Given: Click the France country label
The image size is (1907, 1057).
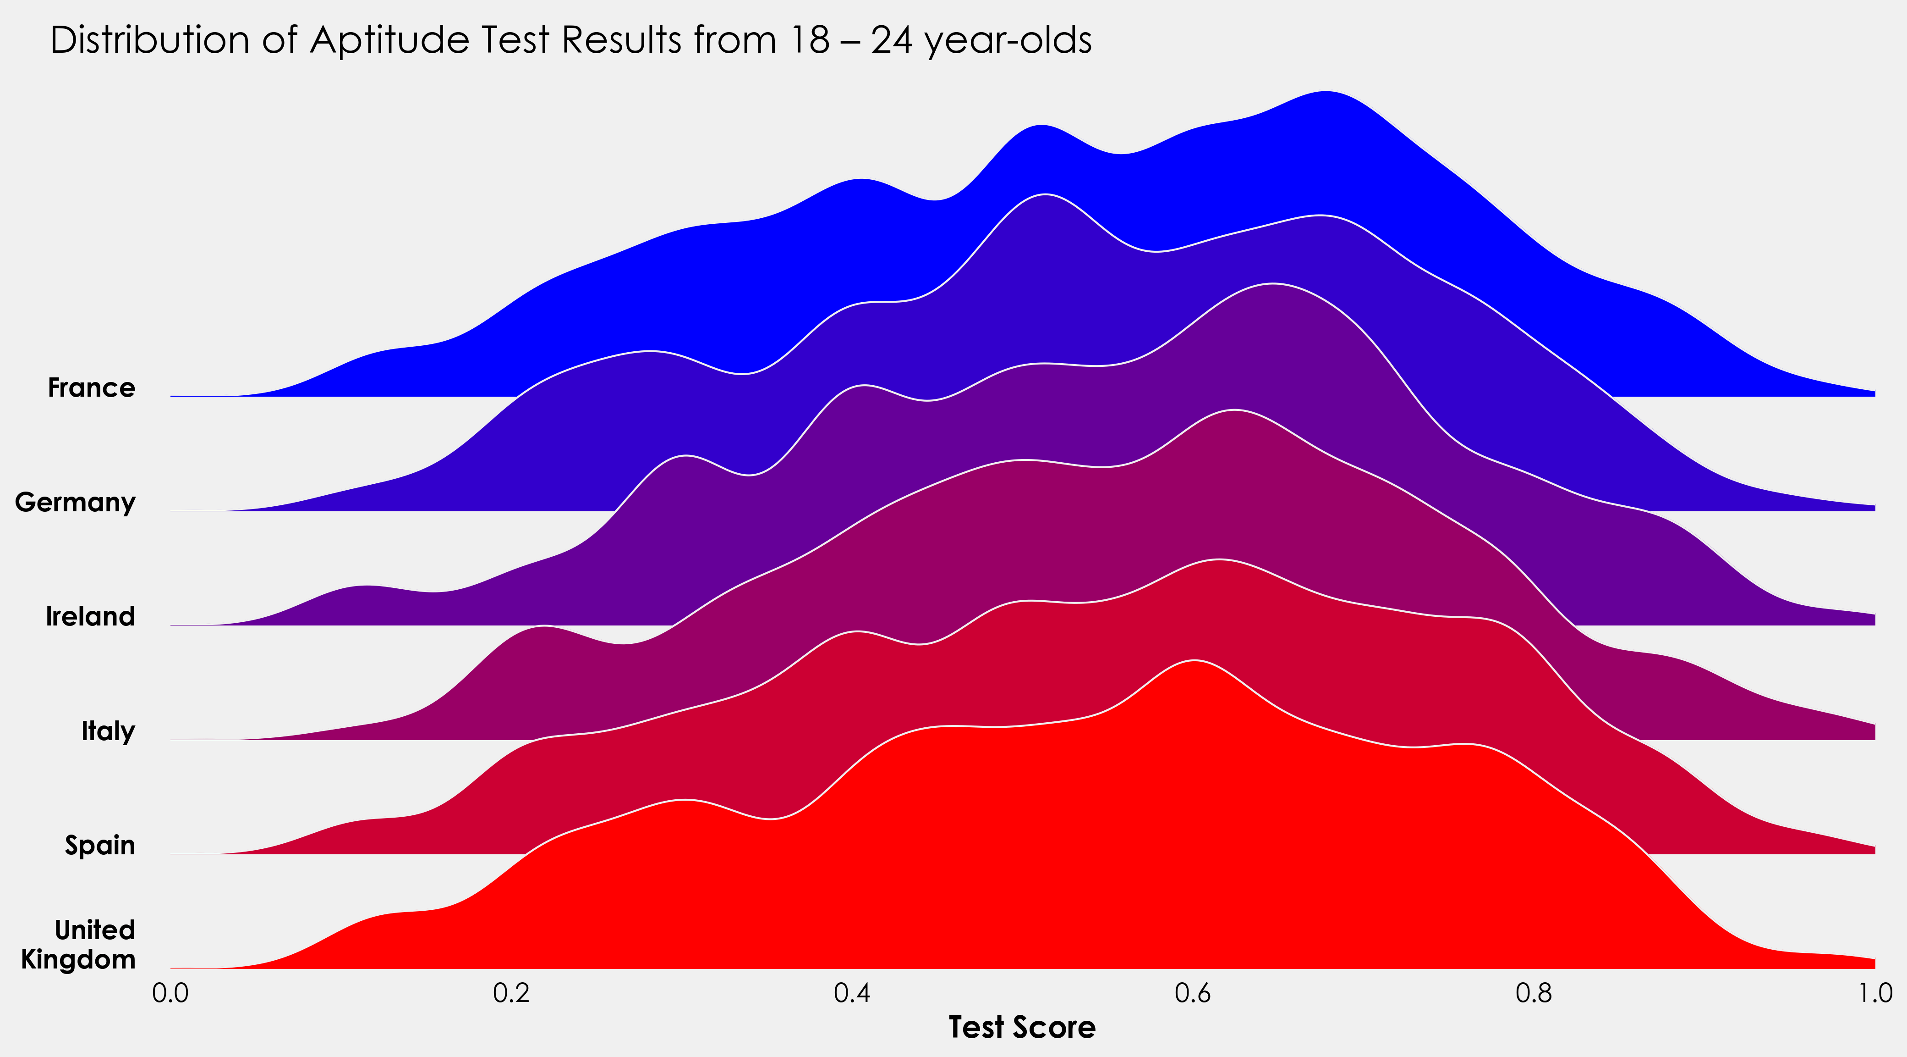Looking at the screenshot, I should pos(91,387).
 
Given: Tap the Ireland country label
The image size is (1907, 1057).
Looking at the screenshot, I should pos(90,616).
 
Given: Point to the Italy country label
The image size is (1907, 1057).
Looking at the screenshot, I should pos(108,731).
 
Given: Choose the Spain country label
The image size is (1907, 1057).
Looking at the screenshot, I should pos(100,845).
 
